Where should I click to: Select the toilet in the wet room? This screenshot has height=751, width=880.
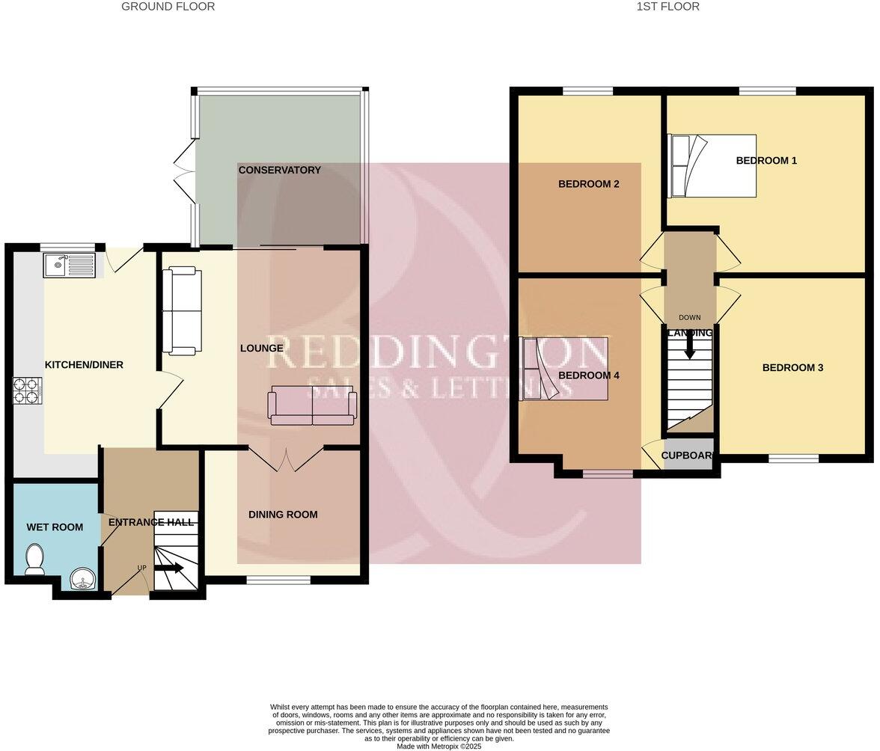[x=34, y=560]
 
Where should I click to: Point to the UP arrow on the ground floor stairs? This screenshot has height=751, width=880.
[x=169, y=568]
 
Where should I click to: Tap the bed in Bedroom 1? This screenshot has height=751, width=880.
[x=712, y=165]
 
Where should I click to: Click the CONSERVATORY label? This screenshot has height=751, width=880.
[x=279, y=170]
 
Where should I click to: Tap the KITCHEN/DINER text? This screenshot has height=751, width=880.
[x=84, y=365]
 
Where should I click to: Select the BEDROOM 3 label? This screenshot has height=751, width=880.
[x=792, y=367]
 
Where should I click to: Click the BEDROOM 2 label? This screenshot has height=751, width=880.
[x=588, y=184]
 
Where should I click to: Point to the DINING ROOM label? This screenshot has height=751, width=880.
[x=283, y=515]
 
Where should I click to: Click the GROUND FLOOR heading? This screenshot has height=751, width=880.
[x=168, y=7]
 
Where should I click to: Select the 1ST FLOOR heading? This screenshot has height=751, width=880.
[x=667, y=7]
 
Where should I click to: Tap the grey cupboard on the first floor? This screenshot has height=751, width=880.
[x=688, y=456]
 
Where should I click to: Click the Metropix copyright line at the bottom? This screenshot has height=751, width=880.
[x=439, y=746]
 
